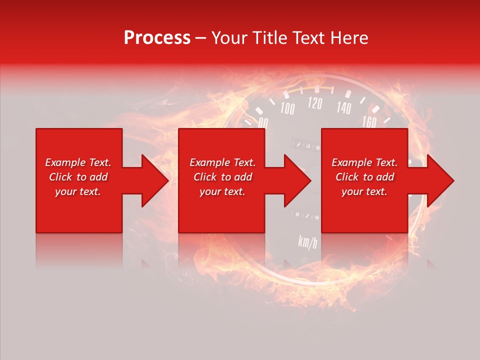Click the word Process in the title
point(157,38)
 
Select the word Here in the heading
point(350,38)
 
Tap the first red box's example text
point(78,177)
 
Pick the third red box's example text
point(364,177)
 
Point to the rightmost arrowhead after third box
point(439,180)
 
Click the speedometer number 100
point(287,108)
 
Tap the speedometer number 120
point(314,103)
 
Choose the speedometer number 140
point(343,107)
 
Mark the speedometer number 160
point(368,121)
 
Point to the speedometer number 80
point(263,123)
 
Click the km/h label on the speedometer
point(307,241)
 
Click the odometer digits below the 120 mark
point(308,146)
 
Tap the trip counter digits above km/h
point(307,216)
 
